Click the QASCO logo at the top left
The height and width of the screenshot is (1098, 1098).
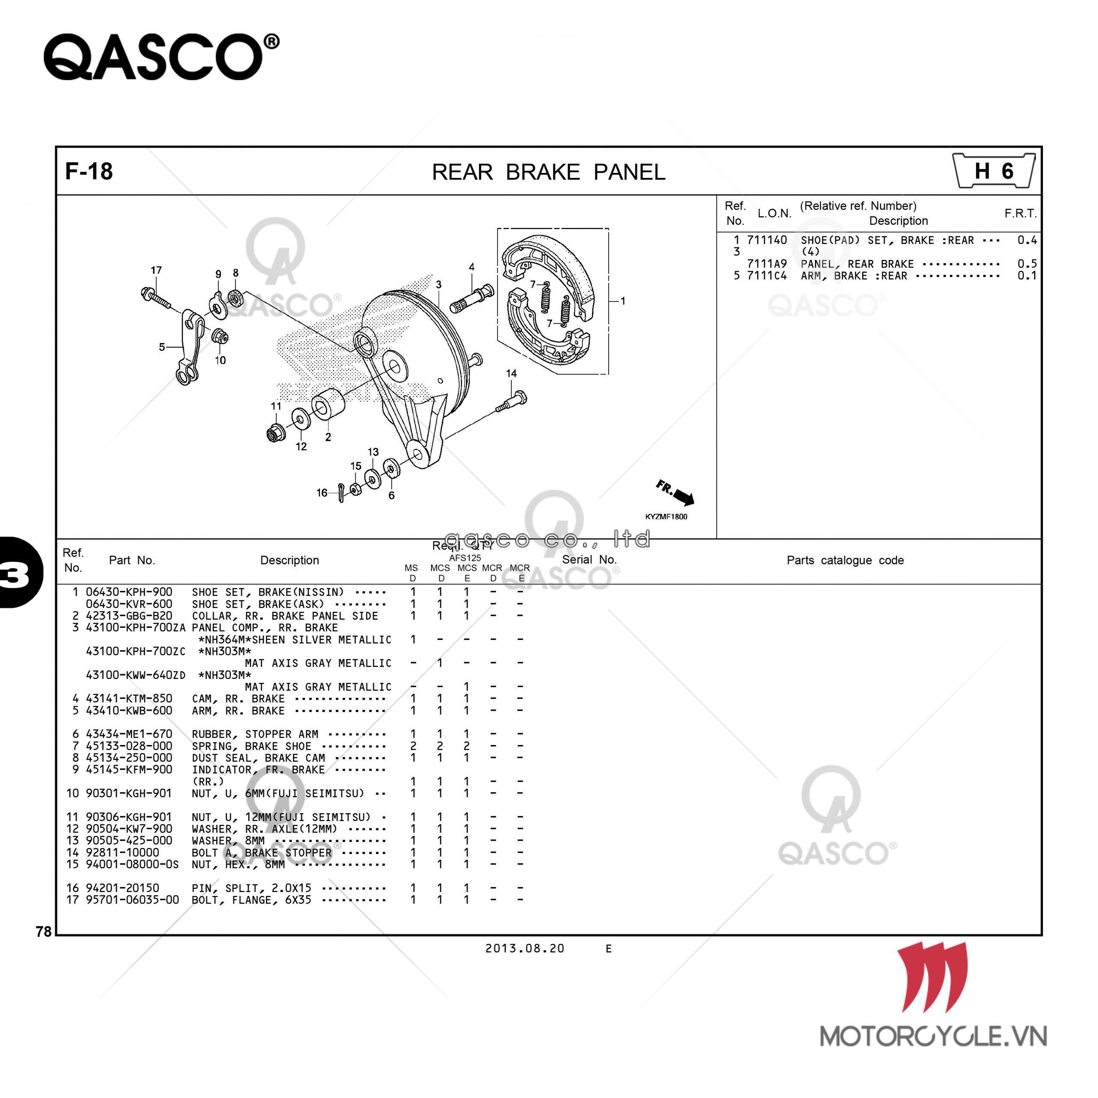point(161,57)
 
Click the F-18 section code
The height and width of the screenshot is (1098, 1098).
point(89,171)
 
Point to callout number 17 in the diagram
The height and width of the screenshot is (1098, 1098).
point(156,271)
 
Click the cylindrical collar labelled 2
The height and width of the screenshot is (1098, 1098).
point(328,404)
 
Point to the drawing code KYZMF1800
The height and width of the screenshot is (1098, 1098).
point(666,516)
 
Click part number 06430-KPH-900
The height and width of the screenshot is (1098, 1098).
point(129,591)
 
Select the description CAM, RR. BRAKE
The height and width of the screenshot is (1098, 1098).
point(238,698)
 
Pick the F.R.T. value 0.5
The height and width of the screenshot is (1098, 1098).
point(1026,264)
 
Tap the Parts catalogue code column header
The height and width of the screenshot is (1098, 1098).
point(845,561)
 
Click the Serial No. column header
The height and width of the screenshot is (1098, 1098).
point(589,559)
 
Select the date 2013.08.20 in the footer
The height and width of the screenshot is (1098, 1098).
point(525,949)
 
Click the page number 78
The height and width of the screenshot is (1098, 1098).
point(43,932)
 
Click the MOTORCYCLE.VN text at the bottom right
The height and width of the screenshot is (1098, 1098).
point(932,1037)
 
